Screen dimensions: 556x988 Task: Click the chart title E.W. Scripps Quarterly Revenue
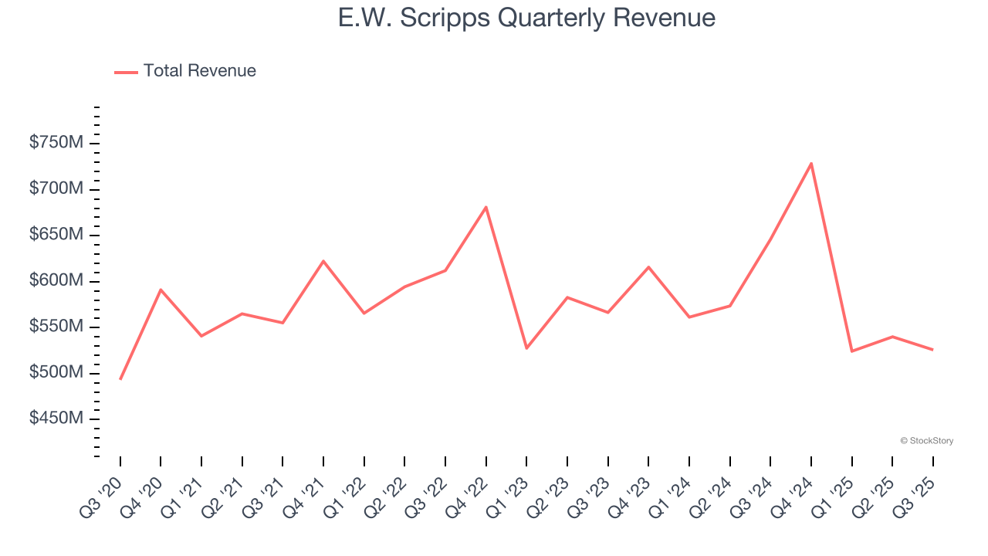(526, 18)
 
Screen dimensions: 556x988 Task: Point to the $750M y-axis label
(56, 144)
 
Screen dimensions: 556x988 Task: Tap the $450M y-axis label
(56, 419)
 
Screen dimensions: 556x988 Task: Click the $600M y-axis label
(56, 281)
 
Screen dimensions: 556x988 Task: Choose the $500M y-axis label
(56, 373)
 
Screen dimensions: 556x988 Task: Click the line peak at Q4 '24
(811, 163)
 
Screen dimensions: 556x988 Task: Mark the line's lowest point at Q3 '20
(120, 379)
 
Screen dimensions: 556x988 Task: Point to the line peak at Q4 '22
(486, 207)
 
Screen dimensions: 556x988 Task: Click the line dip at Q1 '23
(526, 348)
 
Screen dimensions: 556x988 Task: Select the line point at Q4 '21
(323, 261)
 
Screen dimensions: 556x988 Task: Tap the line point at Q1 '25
(852, 351)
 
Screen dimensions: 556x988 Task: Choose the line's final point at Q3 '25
(932, 350)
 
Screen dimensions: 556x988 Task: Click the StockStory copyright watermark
(926, 441)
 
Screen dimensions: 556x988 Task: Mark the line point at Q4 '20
(161, 290)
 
